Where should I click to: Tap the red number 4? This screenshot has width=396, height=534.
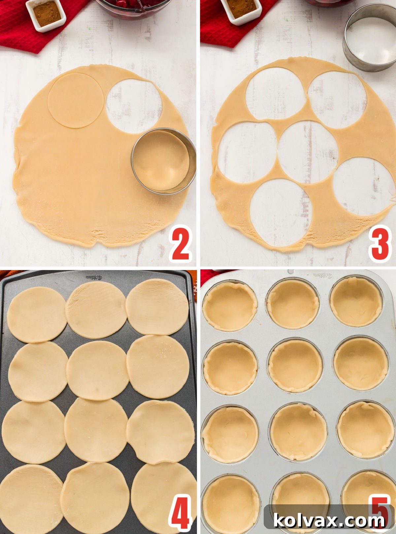[180, 513]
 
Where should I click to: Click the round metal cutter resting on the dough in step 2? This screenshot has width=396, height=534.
[164, 161]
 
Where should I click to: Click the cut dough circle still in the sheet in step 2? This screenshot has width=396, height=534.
[76, 100]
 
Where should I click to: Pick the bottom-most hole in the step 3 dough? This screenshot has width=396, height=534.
[280, 213]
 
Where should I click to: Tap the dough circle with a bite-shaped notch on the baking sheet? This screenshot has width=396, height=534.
[161, 432]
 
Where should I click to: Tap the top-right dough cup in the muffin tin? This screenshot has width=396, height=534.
[356, 302]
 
